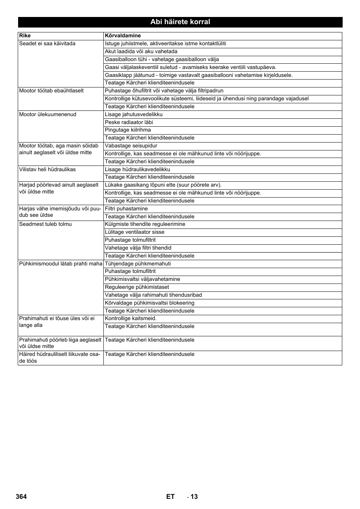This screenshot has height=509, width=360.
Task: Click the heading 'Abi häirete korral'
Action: point(180,22)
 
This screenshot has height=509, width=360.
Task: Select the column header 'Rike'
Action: point(25,36)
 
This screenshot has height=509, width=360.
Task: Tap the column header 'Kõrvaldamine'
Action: point(123,36)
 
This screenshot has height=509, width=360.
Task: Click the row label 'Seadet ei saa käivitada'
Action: point(47,44)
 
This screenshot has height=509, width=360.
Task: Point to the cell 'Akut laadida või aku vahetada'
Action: point(141,52)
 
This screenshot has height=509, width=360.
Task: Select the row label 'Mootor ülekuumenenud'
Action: point(48,115)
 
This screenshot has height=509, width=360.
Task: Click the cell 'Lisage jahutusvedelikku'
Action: point(134,115)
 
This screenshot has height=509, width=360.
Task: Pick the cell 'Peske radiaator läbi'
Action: point(129,123)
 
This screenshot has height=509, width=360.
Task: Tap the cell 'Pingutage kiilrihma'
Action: point(128,130)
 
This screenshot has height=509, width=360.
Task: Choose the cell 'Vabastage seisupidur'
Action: point(131,146)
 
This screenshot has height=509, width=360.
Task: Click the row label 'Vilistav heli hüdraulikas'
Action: point(47,170)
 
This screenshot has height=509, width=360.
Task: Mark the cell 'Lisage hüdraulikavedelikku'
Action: point(137,170)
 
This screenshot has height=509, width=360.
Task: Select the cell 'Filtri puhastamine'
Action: point(126,209)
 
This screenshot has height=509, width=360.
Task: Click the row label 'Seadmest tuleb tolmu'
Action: point(45,224)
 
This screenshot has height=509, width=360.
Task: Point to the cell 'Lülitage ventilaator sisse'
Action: point(134,232)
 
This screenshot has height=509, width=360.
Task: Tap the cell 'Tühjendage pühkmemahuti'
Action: point(138,264)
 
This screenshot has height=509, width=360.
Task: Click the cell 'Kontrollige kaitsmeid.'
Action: point(131,319)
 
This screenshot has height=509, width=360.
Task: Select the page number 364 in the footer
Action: point(22,497)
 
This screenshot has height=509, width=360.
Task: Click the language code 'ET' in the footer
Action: point(170,497)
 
